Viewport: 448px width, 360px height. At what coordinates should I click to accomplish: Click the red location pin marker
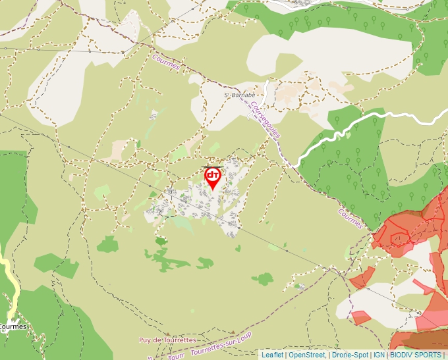[x=213, y=177]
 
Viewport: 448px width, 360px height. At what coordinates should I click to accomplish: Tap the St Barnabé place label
[x=239, y=95]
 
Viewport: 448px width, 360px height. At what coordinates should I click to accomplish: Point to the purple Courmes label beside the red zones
[x=350, y=219]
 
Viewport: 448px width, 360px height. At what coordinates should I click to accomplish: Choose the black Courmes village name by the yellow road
[x=13, y=326]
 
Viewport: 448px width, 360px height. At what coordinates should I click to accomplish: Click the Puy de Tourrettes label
[x=167, y=340]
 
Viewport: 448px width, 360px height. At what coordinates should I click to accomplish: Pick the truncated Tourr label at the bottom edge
[x=176, y=356]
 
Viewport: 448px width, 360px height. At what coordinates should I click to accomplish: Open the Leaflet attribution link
[x=272, y=355]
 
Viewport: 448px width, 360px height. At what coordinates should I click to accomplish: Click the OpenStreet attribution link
[x=308, y=355]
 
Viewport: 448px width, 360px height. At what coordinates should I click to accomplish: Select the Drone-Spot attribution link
[x=350, y=355]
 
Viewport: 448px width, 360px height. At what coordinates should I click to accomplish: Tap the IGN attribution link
[x=379, y=355]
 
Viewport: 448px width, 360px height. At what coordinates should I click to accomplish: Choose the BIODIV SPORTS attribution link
[x=415, y=355]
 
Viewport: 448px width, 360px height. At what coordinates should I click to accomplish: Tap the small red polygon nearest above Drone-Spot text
[x=360, y=318]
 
